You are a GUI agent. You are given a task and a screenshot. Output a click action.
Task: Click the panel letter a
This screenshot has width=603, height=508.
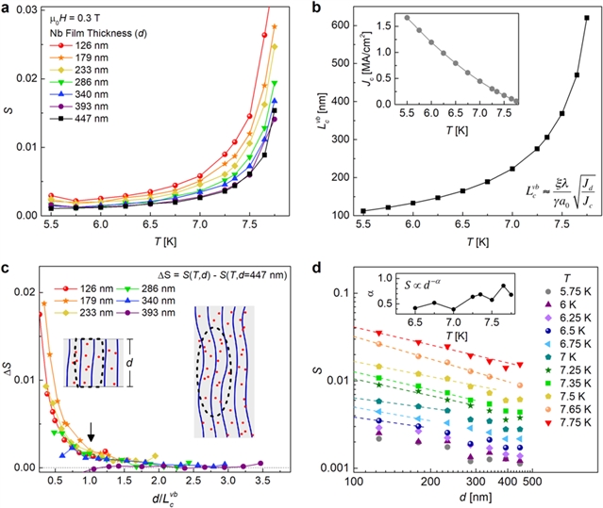tap(9, 8)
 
